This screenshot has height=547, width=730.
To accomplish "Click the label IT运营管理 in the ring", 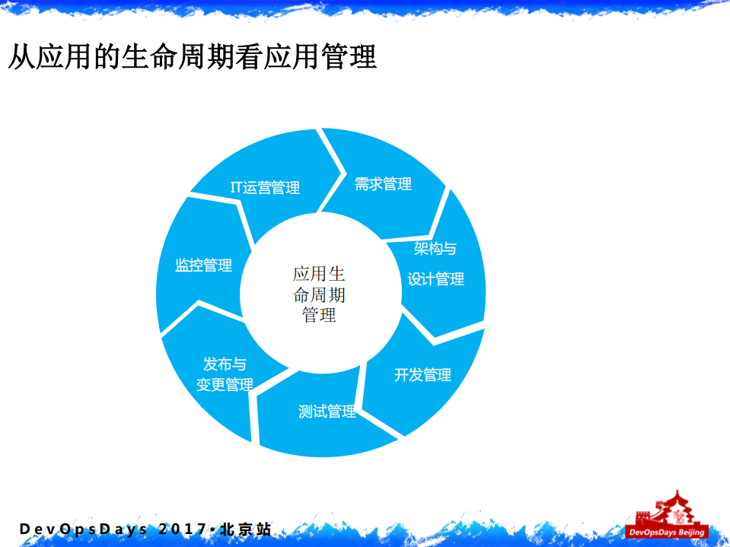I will (265, 187).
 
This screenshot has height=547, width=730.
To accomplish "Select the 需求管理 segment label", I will (383, 184).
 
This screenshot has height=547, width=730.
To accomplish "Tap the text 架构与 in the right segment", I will (435, 249).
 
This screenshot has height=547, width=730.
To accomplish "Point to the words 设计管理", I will (435, 279).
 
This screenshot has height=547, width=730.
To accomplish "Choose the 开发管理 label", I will (422, 375).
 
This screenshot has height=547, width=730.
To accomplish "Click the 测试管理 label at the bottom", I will (327, 412).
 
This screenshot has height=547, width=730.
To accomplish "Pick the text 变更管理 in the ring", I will (225, 385).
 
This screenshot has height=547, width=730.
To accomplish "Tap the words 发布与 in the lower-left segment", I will (225, 364).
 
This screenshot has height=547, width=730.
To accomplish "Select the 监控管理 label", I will (203, 266).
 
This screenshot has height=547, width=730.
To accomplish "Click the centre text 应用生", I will (319, 275).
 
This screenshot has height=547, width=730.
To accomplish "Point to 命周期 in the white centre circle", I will (319, 295).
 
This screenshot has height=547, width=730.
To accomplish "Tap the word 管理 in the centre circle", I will (319, 315).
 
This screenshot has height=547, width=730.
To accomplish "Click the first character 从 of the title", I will (21, 57).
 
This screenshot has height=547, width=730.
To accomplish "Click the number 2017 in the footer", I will (182, 529).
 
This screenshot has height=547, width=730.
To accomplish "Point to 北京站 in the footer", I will (245, 529).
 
